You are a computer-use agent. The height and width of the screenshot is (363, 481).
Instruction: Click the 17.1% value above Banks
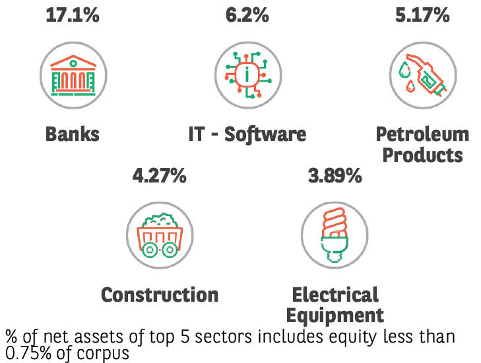coord(73,14)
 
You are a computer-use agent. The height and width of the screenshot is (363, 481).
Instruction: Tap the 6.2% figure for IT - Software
coord(247,14)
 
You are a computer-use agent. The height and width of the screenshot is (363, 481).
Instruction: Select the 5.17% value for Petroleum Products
coord(422,14)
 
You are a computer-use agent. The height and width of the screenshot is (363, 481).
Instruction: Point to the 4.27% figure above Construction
coord(159,176)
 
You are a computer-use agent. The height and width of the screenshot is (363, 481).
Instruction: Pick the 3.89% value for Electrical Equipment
coord(335,176)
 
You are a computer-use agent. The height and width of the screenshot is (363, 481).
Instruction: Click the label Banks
coord(73,134)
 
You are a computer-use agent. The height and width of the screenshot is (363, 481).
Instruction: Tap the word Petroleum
coord(422,134)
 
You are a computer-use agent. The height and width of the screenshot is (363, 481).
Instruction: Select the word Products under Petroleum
coord(422,155)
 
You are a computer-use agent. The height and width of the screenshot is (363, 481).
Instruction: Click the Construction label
coord(159,294)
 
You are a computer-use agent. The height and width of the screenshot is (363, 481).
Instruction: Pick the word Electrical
coord(335,294)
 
